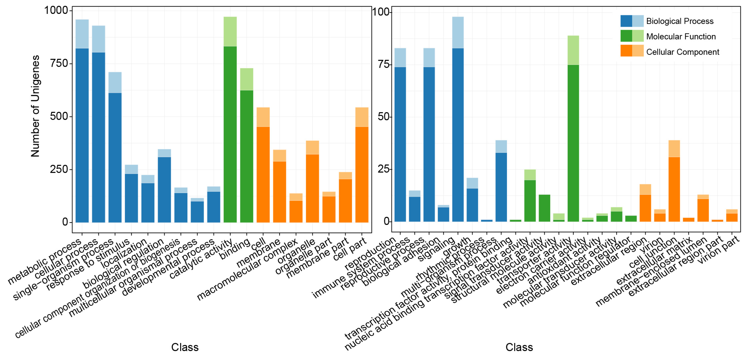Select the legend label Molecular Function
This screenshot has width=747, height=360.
point(681,37)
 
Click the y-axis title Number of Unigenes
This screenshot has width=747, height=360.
point(35,106)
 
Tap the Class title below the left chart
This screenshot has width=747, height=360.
point(185,347)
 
